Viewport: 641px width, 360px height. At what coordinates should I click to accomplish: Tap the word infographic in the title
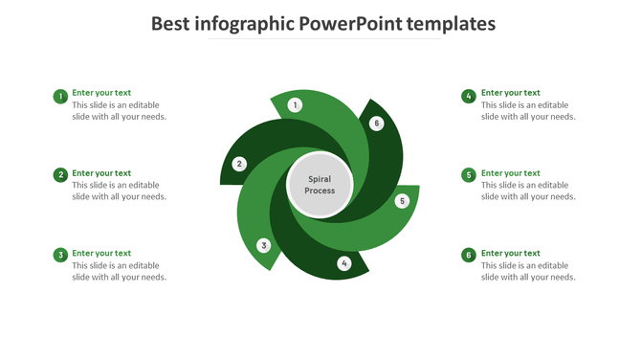244,23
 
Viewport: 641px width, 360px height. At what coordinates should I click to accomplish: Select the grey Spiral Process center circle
320,184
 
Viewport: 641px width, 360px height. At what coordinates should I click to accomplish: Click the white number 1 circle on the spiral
295,104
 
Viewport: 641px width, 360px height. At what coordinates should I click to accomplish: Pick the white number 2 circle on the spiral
240,164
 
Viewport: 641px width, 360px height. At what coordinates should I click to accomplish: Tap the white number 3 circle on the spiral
264,245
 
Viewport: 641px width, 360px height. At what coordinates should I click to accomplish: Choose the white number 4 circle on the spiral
344,263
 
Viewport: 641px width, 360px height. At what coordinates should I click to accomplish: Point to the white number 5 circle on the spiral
402,201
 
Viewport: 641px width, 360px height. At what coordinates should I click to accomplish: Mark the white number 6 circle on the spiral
377,123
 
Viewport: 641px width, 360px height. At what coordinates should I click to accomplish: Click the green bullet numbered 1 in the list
60,96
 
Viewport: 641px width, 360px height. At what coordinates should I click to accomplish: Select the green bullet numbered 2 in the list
60,175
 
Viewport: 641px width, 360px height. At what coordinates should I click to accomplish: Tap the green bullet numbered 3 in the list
60,256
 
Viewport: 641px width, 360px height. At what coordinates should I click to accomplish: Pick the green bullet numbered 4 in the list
469,96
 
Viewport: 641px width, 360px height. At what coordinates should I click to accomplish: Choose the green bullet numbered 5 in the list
469,175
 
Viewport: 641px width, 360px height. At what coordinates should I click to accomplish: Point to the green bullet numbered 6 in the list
469,256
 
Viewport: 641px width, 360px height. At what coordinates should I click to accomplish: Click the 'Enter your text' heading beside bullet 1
101,93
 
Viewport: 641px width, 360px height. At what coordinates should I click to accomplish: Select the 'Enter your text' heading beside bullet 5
511,173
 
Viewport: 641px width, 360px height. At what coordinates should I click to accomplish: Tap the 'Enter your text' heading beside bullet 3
101,254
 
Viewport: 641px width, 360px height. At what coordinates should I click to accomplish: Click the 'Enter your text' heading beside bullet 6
511,254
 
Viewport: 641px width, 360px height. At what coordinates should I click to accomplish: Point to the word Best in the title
172,23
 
